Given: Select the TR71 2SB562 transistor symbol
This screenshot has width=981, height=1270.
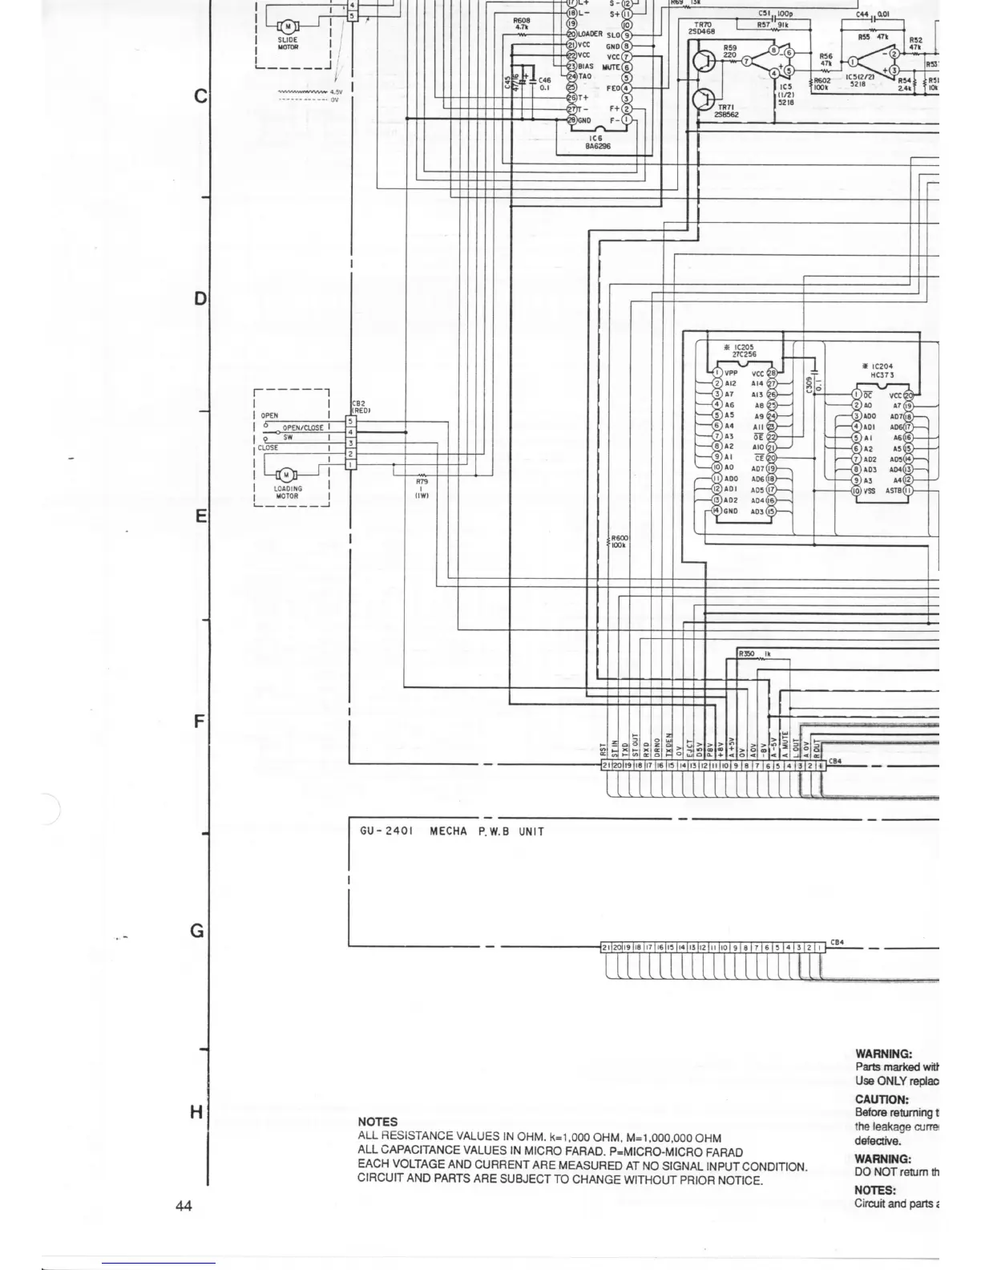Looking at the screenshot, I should pos(704,99).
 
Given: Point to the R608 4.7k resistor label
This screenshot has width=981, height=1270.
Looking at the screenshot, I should pos(523,23).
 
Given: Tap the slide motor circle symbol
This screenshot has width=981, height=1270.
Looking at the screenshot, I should pos(287,26).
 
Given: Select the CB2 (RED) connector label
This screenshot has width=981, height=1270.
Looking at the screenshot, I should pos(360,407).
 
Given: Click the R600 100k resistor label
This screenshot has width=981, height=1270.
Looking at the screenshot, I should pos(620,541).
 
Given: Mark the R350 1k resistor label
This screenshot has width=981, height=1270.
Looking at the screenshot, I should pos(756,654).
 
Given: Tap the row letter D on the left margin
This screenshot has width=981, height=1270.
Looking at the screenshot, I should pos(200,299).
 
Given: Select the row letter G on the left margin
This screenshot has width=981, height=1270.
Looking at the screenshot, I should pos(197,931).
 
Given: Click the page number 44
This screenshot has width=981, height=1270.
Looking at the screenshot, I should pos(184,1206).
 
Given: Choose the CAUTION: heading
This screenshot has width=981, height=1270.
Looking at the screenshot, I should pos(882,1099).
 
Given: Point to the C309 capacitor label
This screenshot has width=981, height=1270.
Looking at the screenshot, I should pos(809,385).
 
